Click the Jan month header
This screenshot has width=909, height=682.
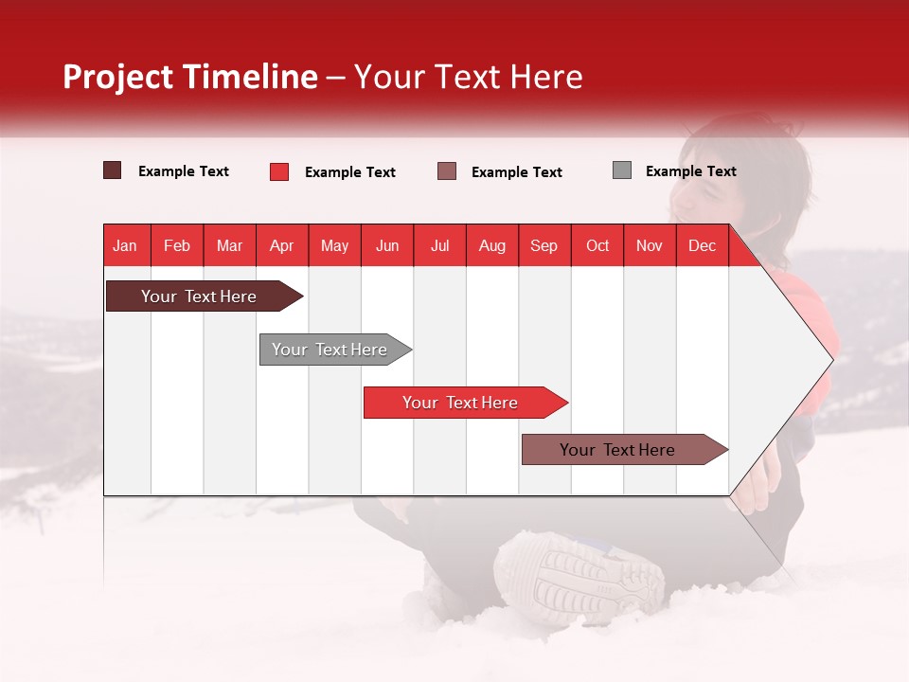click(x=125, y=246)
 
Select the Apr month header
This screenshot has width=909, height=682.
click(x=282, y=246)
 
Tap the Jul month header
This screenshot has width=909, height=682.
click(x=440, y=246)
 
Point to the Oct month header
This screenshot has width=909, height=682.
click(x=597, y=246)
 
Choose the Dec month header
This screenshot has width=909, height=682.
click(x=702, y=246)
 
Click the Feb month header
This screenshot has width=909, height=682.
click(x=177, y=246)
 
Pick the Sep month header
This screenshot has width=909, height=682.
click(x=544, y=246)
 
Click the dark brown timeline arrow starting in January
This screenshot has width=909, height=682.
click(x=205, y=296)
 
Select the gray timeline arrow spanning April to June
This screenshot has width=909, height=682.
click(x=335, y=350)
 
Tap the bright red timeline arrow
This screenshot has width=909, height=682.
click(x=466, y=403)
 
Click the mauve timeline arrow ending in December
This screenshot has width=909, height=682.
click(x=625, y=449)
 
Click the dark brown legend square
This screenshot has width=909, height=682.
click(x=112, y=170)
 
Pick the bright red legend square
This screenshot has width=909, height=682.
click(x=279, y=171)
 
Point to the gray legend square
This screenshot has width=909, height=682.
click(x=622, y=170)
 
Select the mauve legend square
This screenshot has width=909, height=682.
click(x=446, y=171)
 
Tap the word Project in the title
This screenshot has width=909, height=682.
click(x=117, y=77)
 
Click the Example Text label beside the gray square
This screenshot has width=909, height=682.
click(x=691, y=171)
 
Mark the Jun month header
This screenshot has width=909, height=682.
click(x=387, y=246)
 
